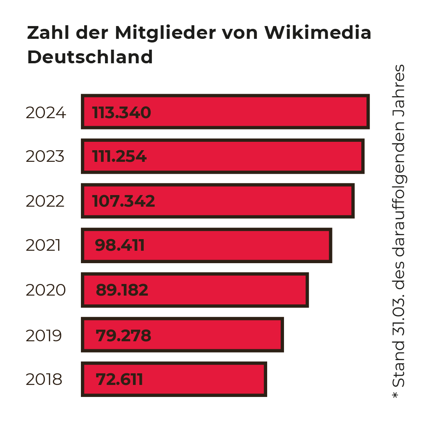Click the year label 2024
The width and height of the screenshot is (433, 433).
[x=46, y=113]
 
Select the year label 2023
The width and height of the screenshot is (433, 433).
[x=45, y=157]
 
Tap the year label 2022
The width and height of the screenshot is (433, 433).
[x=45, y=201]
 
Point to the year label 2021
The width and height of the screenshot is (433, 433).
[x=43, y=245]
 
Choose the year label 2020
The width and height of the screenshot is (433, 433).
[x=46, y=290]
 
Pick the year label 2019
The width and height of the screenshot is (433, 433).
[x=44, y=336]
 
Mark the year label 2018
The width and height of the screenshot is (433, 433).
[x=44, y=379]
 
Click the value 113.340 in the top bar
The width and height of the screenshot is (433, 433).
[x=121, y=113]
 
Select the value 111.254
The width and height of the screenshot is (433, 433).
[x=119, y=157]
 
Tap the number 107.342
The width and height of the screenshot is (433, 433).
[x=123, y=201]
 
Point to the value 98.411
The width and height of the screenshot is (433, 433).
[x=120, y=245]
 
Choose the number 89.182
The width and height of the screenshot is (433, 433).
[x=122, y=290]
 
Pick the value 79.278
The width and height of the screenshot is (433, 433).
[x=123, y=336]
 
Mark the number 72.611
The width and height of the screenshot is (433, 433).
[x=119, y=379]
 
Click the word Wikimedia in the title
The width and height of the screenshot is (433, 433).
[x=318, y=33]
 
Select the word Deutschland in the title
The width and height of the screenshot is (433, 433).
[x=90, y=57]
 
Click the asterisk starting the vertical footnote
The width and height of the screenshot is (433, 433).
[x=397, y=395]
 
